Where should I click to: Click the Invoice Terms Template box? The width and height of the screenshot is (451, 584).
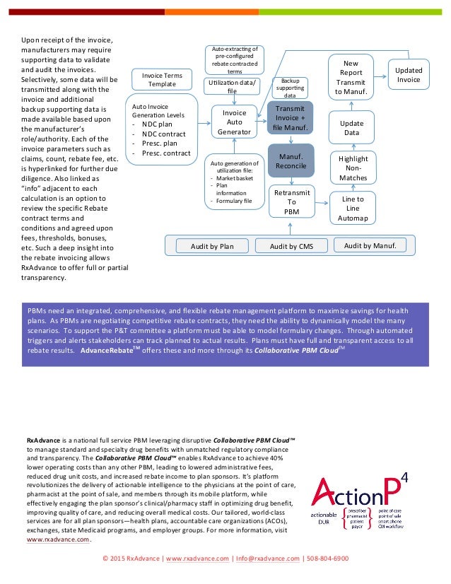pos(162,78)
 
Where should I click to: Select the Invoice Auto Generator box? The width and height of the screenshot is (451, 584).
pos(234,122)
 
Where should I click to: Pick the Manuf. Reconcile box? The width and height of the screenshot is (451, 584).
pos(291,160)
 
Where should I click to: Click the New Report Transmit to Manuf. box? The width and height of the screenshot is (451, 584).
pos(351,77)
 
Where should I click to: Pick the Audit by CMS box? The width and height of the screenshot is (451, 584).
pos(291,245)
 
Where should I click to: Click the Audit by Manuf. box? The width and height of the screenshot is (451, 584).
pos(375,245)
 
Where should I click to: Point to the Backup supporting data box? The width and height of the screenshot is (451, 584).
pos(290,88)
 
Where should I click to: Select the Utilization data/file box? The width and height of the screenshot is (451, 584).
pos(233,87)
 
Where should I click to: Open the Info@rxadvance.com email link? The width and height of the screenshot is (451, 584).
pos(268,559)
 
